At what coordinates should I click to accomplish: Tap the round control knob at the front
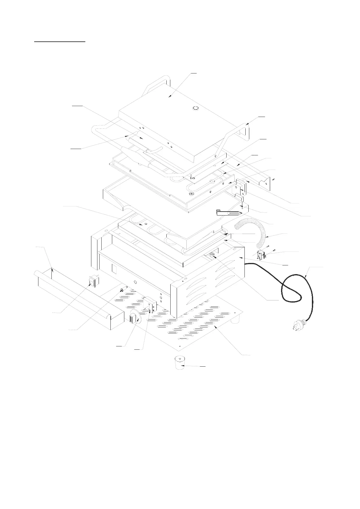click(135, 318)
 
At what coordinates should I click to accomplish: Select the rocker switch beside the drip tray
click(94, 281)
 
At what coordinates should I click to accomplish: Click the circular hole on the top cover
click(196, 108)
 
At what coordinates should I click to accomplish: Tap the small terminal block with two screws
click(261, 255)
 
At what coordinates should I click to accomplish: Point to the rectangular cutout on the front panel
click(114, 268)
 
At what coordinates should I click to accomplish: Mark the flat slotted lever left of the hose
click(228, 213)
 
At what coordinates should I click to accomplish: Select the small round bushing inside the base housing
click(212, 254)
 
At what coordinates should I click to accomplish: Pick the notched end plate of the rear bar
click(265, 183)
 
